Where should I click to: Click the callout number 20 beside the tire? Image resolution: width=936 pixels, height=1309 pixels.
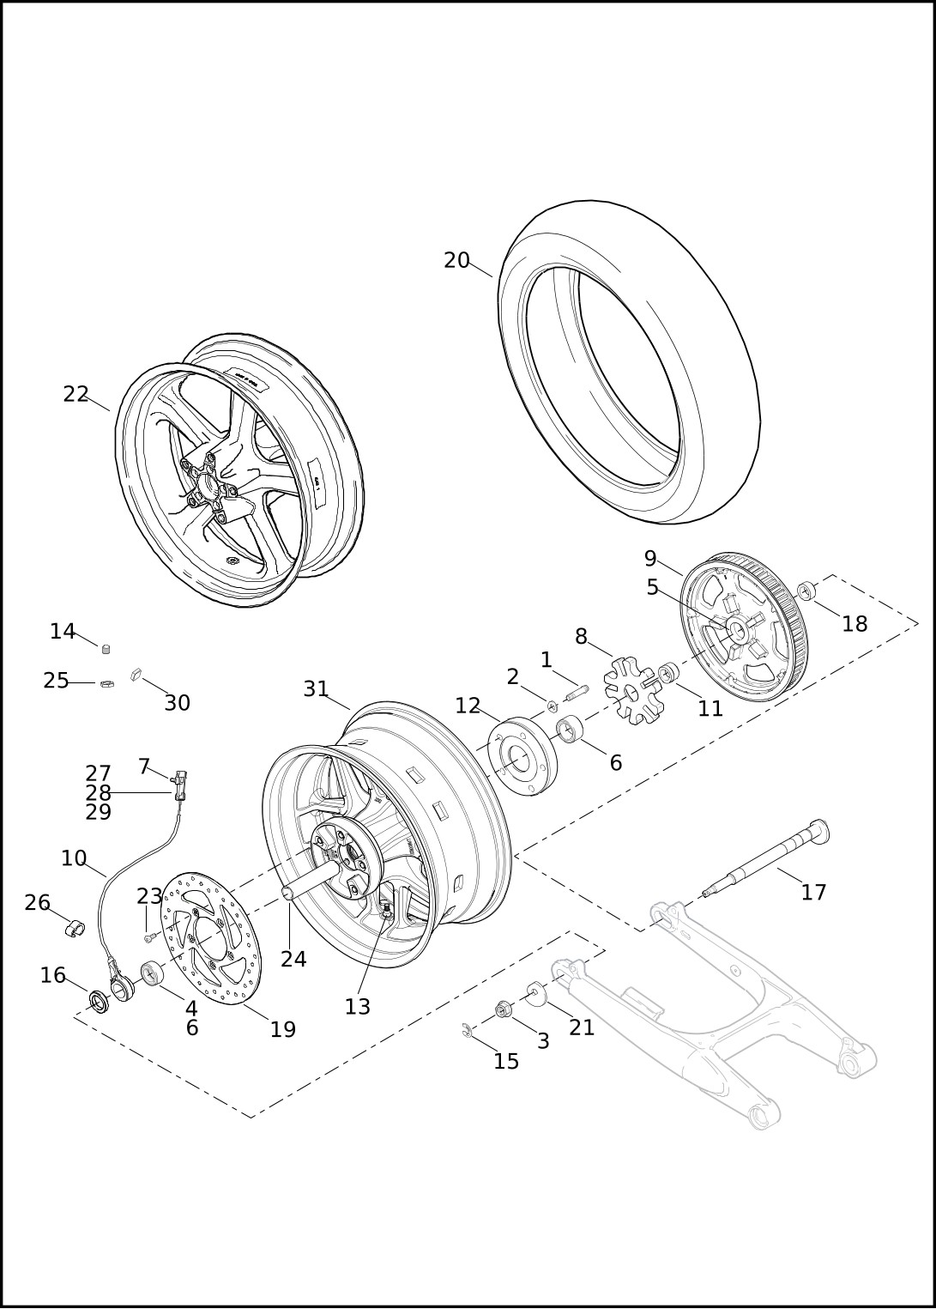456,260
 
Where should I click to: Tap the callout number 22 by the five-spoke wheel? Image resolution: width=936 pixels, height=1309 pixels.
76,394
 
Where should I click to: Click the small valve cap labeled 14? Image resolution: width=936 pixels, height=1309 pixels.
106,649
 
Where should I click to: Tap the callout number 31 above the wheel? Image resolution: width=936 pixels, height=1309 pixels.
316,689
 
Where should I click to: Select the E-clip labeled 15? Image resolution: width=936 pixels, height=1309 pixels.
467,1031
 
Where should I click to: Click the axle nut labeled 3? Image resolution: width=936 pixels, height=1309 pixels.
504,1010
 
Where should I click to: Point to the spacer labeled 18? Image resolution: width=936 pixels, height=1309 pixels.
807,591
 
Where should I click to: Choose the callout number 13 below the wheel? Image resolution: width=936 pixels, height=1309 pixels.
357,1007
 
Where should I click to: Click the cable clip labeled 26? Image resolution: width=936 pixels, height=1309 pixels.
75,930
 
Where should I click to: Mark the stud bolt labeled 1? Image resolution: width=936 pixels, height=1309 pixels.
576,688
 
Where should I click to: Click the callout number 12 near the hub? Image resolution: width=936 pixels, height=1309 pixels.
468,706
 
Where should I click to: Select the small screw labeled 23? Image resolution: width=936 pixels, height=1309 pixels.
148,938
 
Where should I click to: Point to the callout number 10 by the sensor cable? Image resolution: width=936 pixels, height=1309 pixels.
74,858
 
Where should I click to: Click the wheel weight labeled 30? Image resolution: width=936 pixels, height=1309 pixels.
136,676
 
